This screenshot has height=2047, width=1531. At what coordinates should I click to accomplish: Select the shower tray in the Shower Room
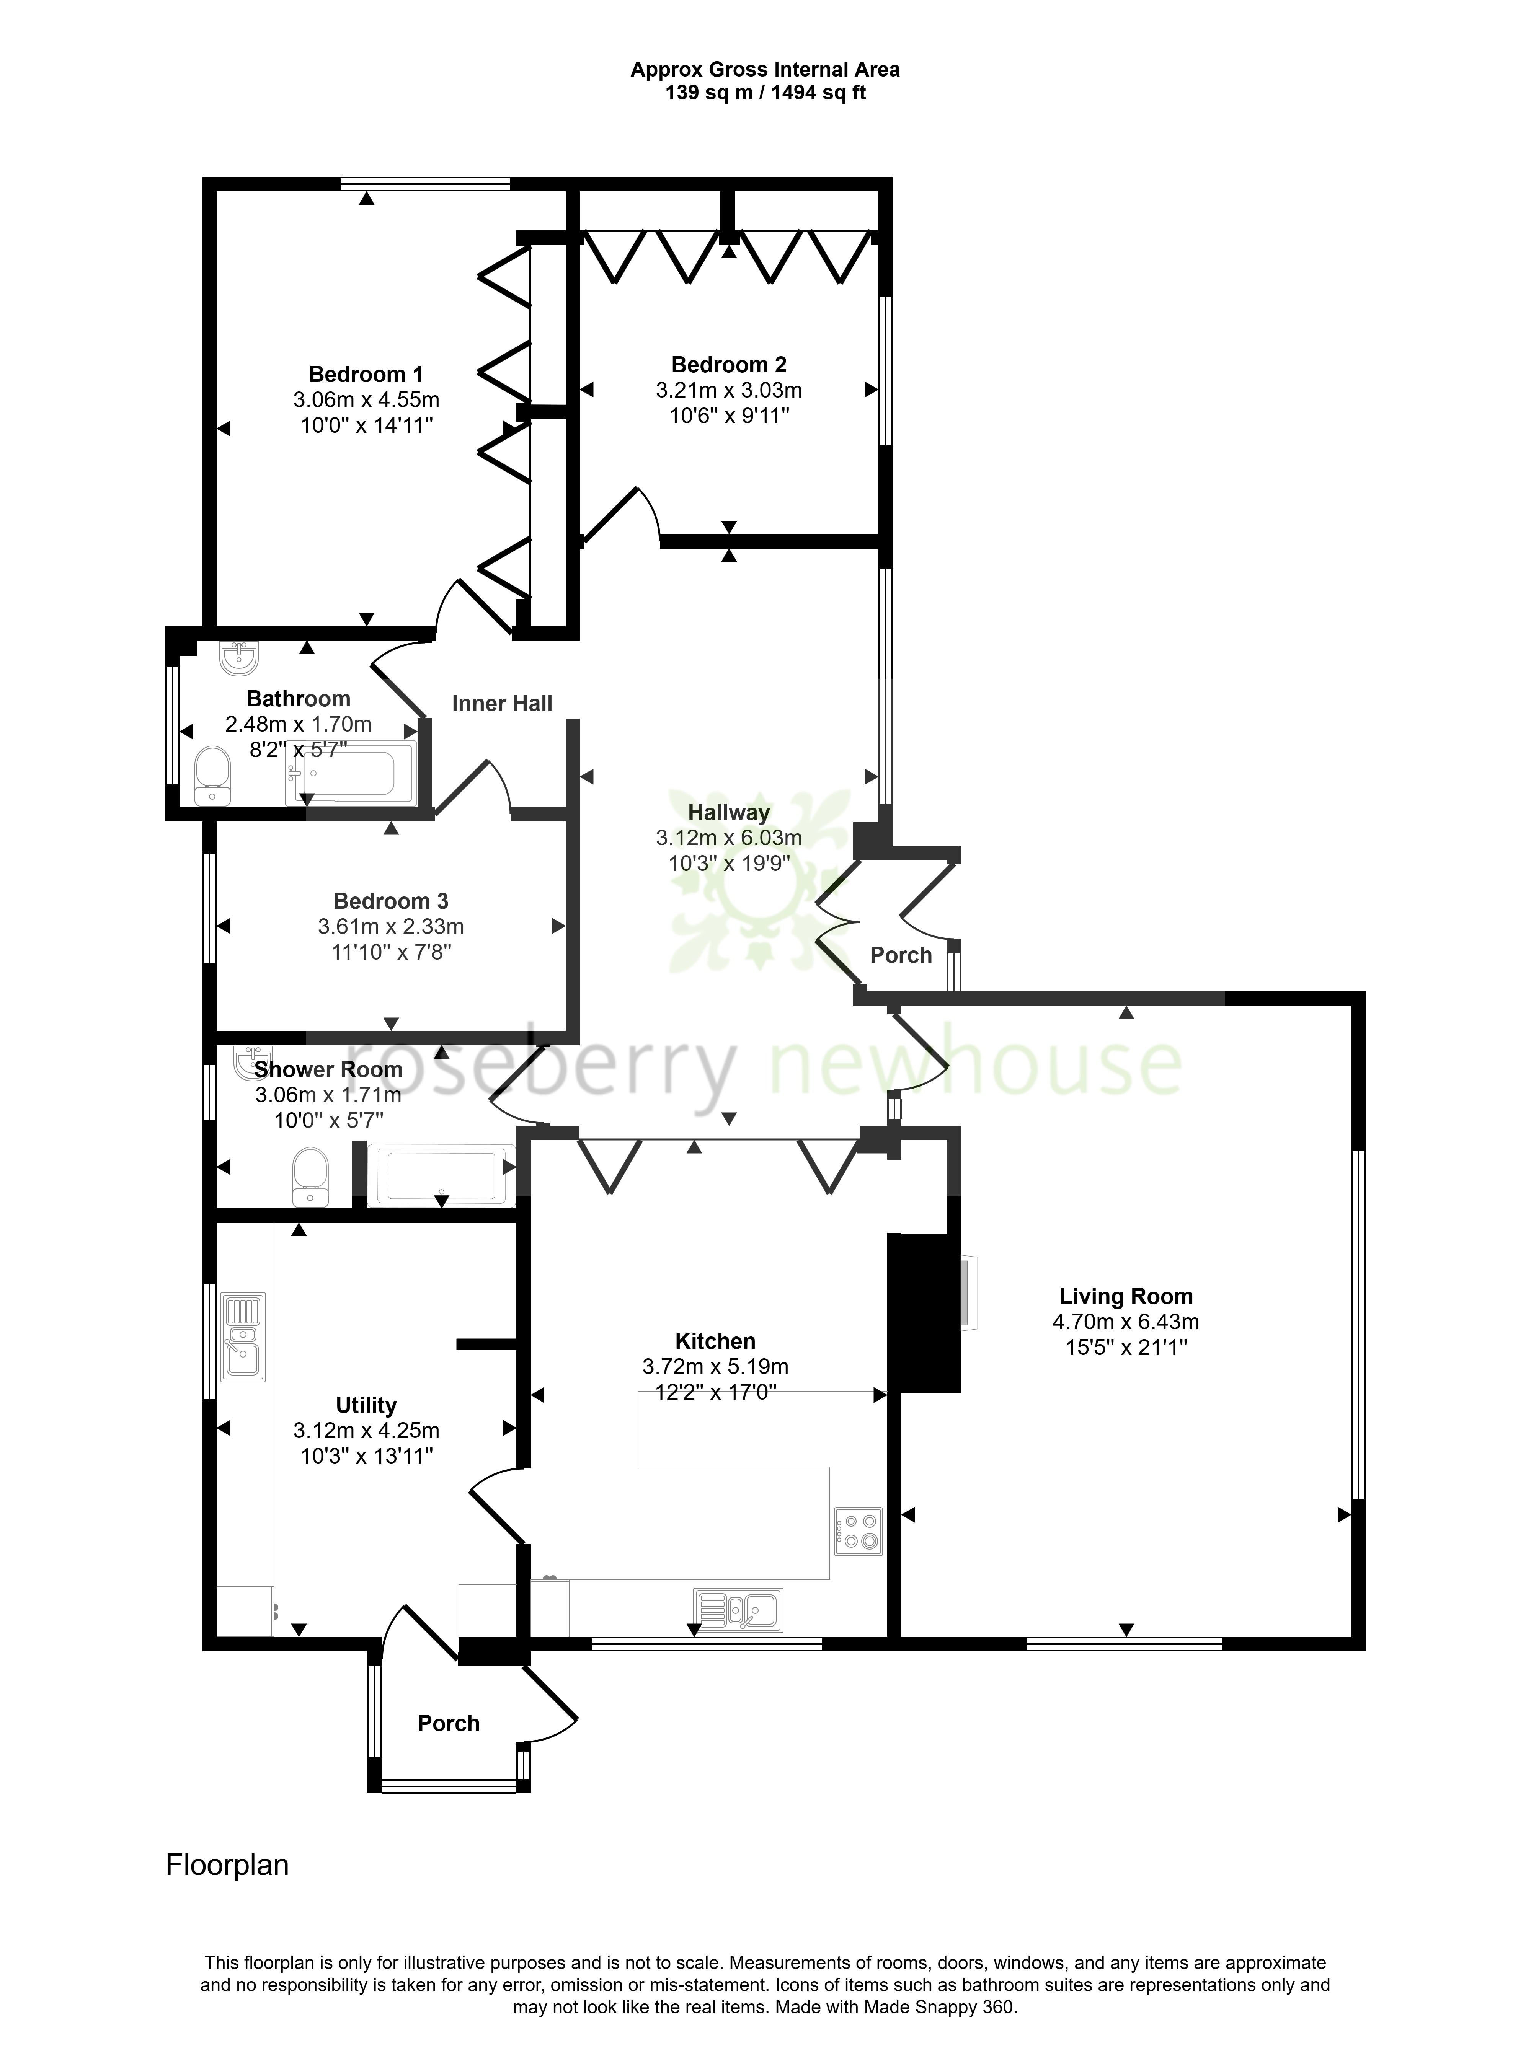442,1175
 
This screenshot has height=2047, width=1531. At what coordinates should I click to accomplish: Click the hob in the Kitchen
858,1532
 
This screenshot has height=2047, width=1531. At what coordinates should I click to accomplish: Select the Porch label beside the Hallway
901,955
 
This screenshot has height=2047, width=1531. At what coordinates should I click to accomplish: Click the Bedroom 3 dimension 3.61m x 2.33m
391,926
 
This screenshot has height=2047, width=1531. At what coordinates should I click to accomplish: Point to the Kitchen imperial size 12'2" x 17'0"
715,1392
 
